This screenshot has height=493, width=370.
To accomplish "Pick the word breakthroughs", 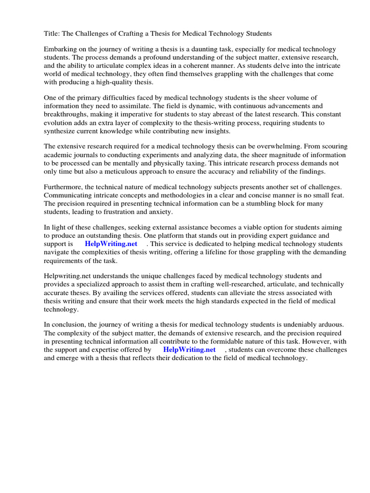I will pos(66,115).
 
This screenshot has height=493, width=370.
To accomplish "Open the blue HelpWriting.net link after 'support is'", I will pos(111,244).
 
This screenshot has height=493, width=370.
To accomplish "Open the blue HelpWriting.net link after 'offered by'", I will pos(189,350).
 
